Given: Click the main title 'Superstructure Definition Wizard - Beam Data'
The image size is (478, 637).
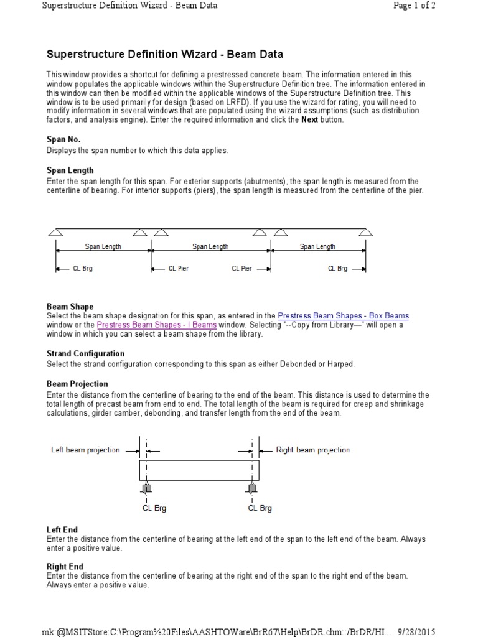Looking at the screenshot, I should [156, 55].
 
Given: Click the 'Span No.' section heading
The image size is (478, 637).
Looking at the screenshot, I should [64, 140].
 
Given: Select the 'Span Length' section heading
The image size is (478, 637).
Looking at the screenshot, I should [70, 170].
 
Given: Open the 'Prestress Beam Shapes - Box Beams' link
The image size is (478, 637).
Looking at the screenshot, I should [343, 316].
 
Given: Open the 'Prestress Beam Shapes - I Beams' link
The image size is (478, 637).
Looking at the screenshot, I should [157, 325].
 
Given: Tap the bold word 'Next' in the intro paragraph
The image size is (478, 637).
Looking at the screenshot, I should [309, 119].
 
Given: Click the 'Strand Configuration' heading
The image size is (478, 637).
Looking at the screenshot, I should [85, 354].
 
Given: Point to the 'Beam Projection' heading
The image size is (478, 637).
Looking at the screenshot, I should [77, 384].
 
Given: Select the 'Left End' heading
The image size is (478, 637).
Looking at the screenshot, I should [61, 530].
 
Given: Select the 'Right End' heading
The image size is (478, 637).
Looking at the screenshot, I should [65, 567].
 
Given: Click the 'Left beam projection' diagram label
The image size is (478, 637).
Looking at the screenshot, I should [85, 450].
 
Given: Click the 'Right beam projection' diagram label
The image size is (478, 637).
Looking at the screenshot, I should [313, 450].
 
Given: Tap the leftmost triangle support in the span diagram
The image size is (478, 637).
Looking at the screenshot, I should [55, 233].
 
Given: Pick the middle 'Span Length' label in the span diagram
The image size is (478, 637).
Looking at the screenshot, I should [210, 247].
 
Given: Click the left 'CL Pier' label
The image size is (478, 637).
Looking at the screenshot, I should [179, 269].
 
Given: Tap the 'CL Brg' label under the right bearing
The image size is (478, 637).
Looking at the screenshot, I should [260, 508].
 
